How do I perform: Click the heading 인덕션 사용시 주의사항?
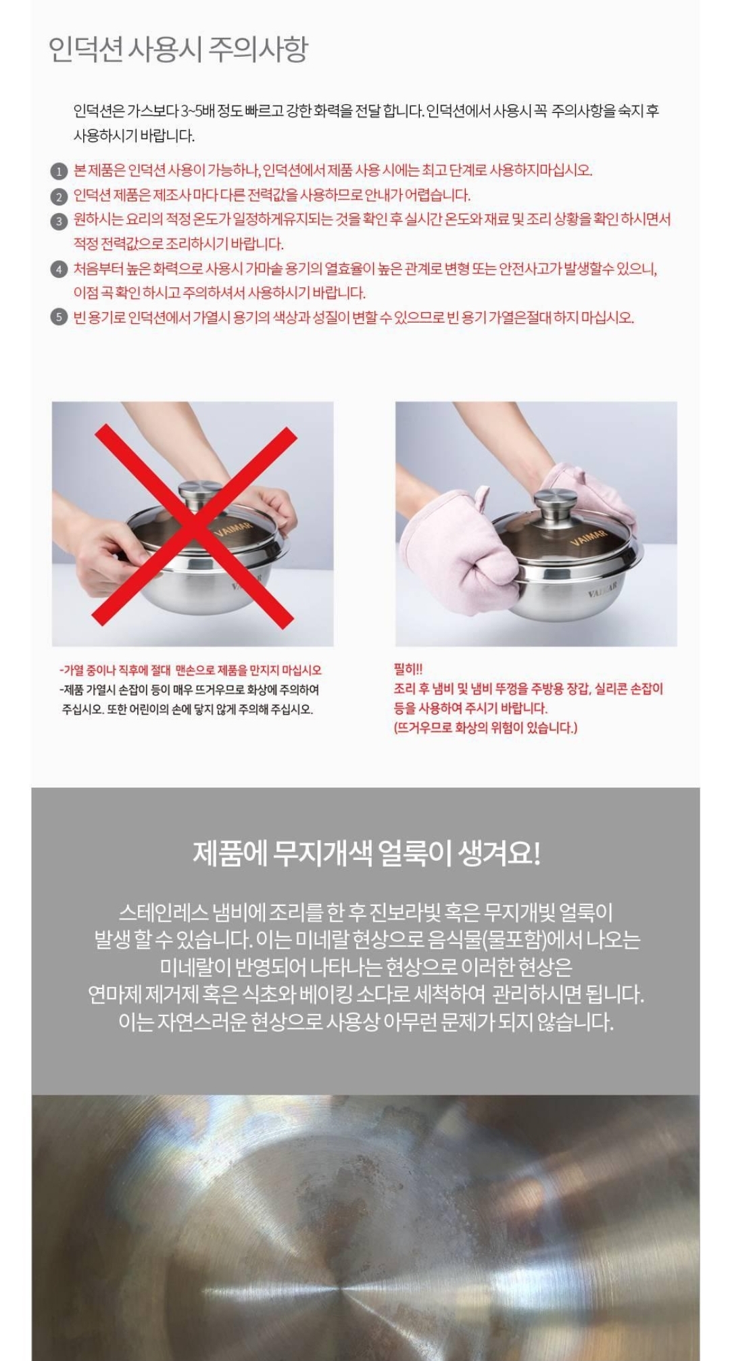pyautogui.click(x=178, y=49)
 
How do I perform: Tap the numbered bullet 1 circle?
pyautogui.click(x=59, y=172)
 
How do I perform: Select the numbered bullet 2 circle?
pyautogui.click(x=59, y=197)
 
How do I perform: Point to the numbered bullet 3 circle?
pyautogui.click(x=59, y=221)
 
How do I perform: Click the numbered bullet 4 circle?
pyautogui.click(x=59, y=270)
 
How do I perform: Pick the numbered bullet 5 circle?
pyautogui.click(x=59, y=317)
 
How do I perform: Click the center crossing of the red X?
pyautogui.click(x=195, y=523)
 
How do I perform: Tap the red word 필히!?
pyautogui.click(x=408, y=669)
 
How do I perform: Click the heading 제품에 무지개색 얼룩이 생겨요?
pyautogui.click(x=366, y=853)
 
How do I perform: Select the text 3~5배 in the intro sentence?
pyautogui.click(x=197, y=111)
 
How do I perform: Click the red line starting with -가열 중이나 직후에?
pyautogui.click(x=191, y=670)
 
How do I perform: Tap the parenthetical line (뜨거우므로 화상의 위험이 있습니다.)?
pyautogui.click(x=485, y=727)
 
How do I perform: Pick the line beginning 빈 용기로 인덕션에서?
pyautogui.click(x=354, y=317)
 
